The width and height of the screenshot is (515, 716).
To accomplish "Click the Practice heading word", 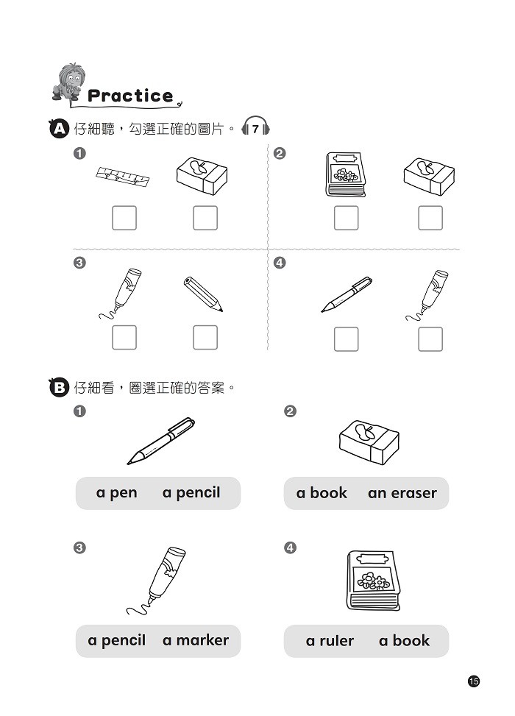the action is (x=130, y=96).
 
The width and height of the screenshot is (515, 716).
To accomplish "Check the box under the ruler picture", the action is (x=124, y=218).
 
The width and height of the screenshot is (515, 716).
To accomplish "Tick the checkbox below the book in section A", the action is (x=346, y=218).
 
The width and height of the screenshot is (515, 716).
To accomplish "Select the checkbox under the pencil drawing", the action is (x=205, y=338).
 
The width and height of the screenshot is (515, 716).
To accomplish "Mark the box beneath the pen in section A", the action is (x=346, y=339).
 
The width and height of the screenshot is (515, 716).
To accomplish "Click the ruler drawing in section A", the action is (x=122, y=177).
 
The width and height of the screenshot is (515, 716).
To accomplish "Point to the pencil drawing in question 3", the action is (x=203, y=294).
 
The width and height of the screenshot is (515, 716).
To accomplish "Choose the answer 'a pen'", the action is (x=116, y=493).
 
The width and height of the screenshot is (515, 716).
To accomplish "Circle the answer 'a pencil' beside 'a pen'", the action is (x=191, y=493).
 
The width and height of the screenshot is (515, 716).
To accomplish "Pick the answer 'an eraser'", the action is (x=402, y=493).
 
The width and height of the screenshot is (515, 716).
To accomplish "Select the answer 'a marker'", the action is (x=196, y=640).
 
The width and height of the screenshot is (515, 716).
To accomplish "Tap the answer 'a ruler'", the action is (x=330, y=641).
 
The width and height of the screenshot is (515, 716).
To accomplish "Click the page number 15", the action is (x=474, y=681).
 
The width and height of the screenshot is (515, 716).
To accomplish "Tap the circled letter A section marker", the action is (x=59, y=129).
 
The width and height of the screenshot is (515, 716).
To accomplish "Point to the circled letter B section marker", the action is (x=59, y=388).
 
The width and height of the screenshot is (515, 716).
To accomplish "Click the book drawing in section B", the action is (x=373, y=580).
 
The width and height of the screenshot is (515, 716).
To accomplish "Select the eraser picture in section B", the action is (x=369, y=442).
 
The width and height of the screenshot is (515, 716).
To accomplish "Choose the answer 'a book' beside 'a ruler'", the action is (x=404, y=640).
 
